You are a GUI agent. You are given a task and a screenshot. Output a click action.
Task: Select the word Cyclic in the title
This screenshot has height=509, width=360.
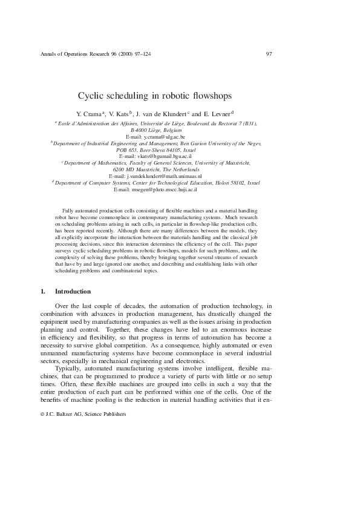coord(92,95)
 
